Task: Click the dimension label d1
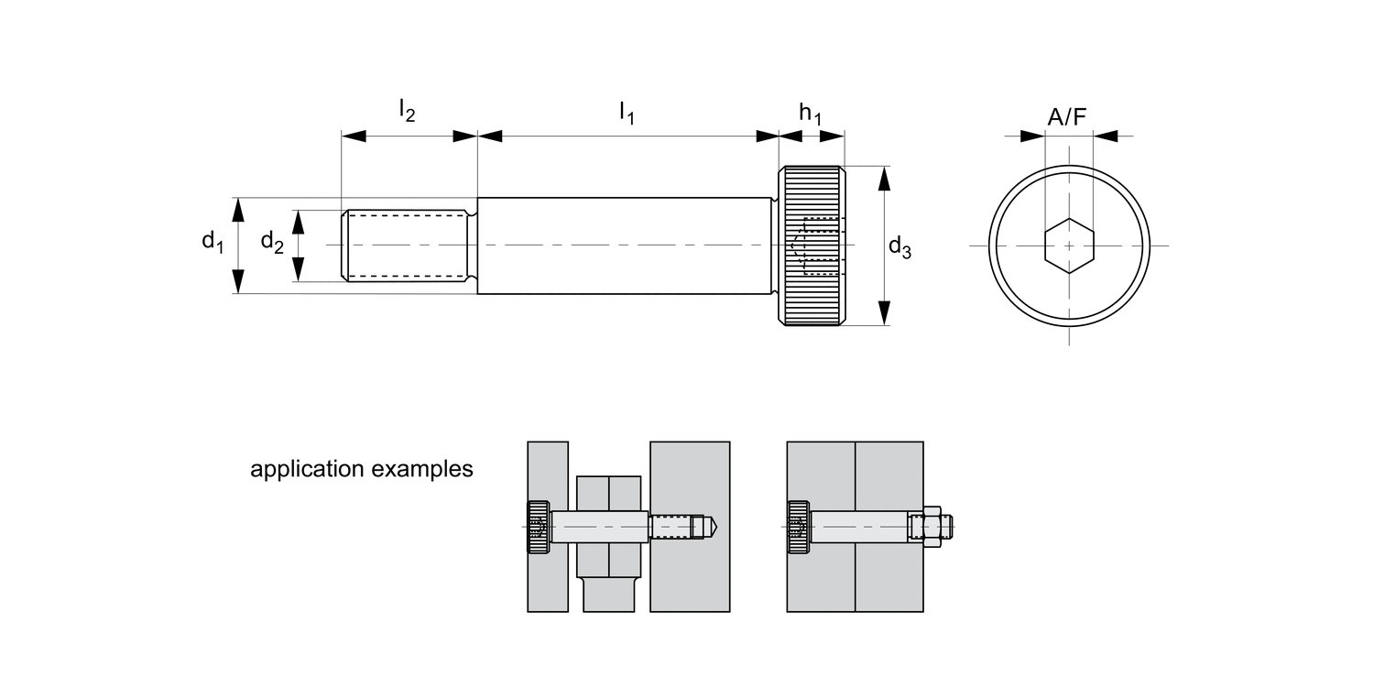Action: (213, 242)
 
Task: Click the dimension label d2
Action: (271, 242)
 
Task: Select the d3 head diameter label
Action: (900, 246)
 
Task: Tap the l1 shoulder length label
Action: (627, 113)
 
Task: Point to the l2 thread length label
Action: (407, 111)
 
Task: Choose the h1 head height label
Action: (810, 113)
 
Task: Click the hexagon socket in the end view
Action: (1069, 245)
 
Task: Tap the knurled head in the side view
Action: (812, 245)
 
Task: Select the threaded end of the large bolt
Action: (408, 245)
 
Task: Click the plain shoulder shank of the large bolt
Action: (623, 245)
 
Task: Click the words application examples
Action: (362, 470)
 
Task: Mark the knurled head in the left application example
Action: (538, 527)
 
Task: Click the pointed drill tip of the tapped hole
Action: (711, 527)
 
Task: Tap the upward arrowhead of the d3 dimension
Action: (884, 177)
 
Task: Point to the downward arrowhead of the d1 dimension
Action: (238, 283)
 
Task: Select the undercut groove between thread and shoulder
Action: (473, 245)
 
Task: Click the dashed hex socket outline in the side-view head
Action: (821, 245)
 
